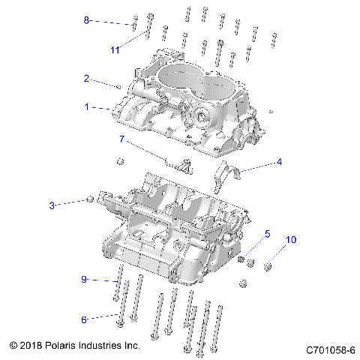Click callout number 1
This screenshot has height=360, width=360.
coord(86,107)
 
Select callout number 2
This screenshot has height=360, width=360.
coord(86,79)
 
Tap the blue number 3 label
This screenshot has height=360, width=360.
coord(52,205)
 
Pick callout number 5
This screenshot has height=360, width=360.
coord(267,234)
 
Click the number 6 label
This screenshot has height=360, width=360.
coord(84,319)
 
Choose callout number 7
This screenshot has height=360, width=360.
coord(121,139)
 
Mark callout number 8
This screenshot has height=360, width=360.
coord(85,20)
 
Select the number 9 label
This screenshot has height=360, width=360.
coord(84,279)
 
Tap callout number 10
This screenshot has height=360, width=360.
coord(291,240)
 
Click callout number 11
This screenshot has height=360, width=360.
coord(115,50)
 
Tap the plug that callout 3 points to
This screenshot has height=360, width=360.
coord(90,199)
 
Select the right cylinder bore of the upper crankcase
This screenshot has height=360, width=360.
coord(217,89)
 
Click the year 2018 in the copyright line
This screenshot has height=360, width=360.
coord(31,346)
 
